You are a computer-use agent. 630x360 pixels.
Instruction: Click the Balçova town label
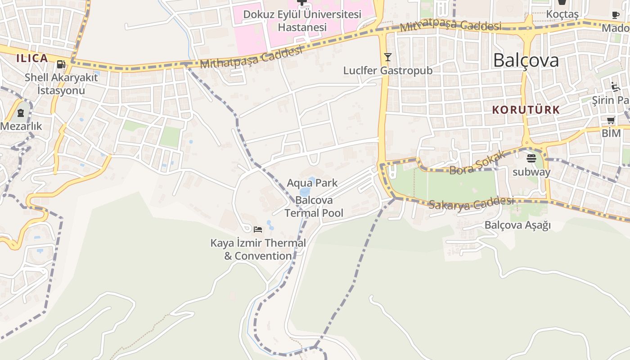526,60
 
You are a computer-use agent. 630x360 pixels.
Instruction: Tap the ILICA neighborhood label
32,58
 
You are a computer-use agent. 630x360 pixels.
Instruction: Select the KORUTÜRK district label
526,110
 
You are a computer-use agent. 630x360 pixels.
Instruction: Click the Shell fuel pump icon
61,64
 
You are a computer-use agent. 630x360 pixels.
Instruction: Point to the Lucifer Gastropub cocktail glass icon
387,57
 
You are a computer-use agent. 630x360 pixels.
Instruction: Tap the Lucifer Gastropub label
387,71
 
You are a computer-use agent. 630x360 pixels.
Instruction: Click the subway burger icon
531,158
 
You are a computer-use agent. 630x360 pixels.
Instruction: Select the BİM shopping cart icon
611,120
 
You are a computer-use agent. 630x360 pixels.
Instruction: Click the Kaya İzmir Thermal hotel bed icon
258,229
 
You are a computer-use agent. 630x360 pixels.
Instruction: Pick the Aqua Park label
312,183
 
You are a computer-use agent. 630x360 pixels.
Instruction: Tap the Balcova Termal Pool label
314,207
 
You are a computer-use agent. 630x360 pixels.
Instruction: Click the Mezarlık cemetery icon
21,113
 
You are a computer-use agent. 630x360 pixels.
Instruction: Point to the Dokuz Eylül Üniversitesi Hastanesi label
302,21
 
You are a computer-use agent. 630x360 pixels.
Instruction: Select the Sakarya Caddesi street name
471,203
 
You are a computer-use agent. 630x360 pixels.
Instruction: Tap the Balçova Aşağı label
517,225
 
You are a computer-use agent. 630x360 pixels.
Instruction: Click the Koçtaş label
562,14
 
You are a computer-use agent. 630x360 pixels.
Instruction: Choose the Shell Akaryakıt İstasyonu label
61,84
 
